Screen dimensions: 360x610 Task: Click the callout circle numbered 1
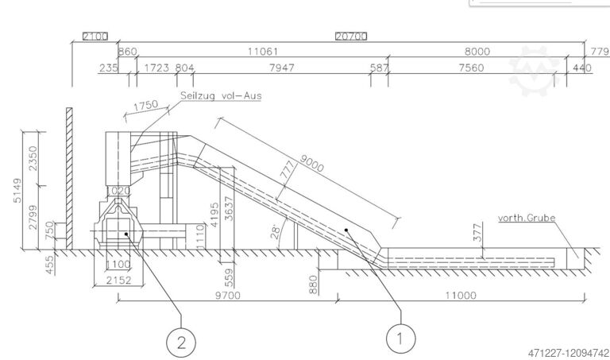(400, 339)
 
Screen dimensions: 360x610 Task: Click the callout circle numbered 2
(182, 343)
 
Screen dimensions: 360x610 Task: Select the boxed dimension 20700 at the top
(350, 37)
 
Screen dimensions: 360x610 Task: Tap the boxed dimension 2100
(95, 37)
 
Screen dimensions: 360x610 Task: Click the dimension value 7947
(282, 68)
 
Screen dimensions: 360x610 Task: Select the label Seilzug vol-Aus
(222, 95)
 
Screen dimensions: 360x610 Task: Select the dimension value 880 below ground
(314, 284)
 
